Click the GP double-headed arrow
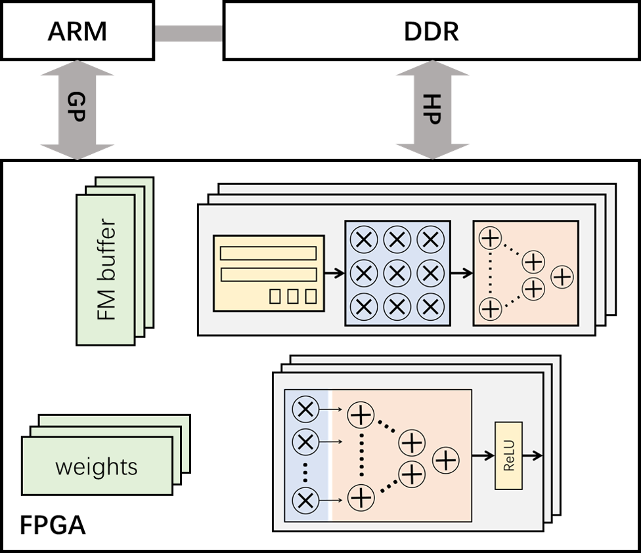(x=77, y=110)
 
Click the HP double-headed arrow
(x=432, y=110)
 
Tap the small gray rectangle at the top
(x=188, y=33)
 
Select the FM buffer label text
(x=106, y=270)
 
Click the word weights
(x=97, y=467)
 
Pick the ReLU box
(x=508, y=455)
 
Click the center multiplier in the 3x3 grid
(x=397, y=273)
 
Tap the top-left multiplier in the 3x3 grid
(x=363, y=240)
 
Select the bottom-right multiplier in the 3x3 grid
(x=430, y=306)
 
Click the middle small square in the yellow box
(x=292, y=296)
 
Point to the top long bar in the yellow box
(x=268, y=253)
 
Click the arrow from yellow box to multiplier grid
(x=334, y=274)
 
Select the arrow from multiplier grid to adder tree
(x=461, y=274)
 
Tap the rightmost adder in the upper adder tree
(x=562, y=277)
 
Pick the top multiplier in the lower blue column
(x=305, y=411)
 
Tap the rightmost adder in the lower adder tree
(x=447, y=460)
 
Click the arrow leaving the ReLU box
(x=533, y=455)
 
